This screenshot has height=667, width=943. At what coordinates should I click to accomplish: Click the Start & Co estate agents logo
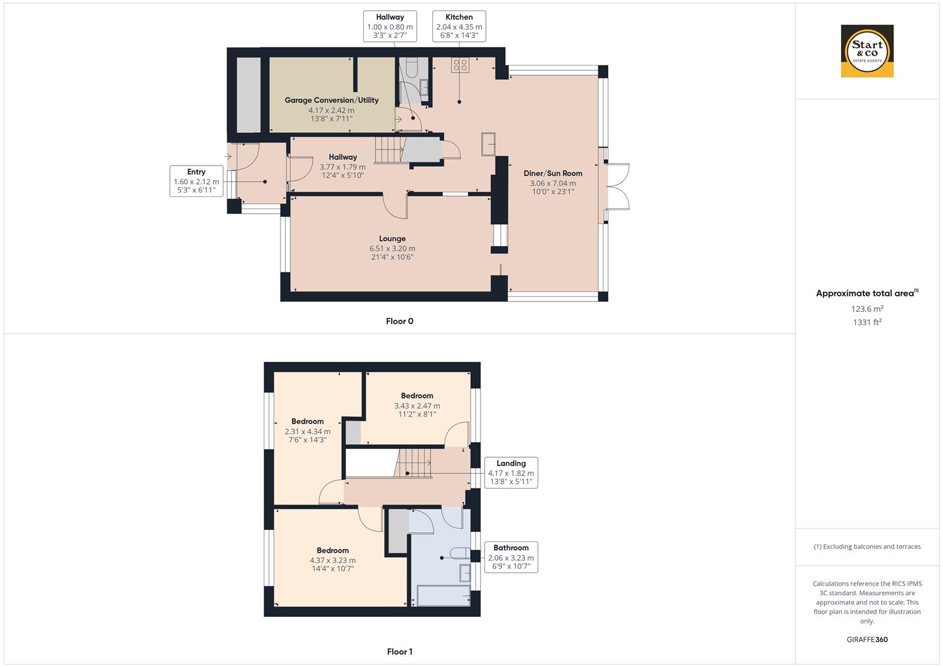point(867,51)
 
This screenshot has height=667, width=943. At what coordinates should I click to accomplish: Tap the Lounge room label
point(392,239)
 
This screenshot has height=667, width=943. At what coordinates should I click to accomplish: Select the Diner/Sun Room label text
point(553,174)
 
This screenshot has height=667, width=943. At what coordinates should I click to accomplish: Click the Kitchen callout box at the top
point(459,27)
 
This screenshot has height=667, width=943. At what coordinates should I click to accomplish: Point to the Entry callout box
point(196,181)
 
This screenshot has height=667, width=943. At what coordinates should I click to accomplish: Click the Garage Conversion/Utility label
point(332,100)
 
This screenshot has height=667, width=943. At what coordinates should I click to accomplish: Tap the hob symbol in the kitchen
point(460,65)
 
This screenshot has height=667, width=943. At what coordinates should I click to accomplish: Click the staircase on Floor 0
point(388,150)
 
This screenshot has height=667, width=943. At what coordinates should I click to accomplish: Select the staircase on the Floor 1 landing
point(413,463)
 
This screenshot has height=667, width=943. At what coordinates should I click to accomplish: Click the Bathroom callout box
point(511,557)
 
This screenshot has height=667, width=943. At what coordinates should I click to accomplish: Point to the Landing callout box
point(511,472)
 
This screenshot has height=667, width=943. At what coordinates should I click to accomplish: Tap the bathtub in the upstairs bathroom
point(441,596)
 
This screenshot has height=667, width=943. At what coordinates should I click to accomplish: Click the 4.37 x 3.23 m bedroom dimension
point(333,561)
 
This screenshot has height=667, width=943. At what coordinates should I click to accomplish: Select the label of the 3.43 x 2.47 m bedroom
point(417,396)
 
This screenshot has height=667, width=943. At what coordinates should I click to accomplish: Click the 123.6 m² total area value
point(867,309)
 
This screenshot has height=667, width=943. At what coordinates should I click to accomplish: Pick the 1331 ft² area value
point(867,322)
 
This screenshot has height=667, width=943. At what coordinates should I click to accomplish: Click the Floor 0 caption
point(400,321)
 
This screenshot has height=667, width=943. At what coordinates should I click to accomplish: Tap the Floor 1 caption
point(400,652)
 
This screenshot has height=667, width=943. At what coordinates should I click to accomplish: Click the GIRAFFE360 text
point(867,640)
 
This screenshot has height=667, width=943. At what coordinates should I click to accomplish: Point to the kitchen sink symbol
point(489,144)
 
